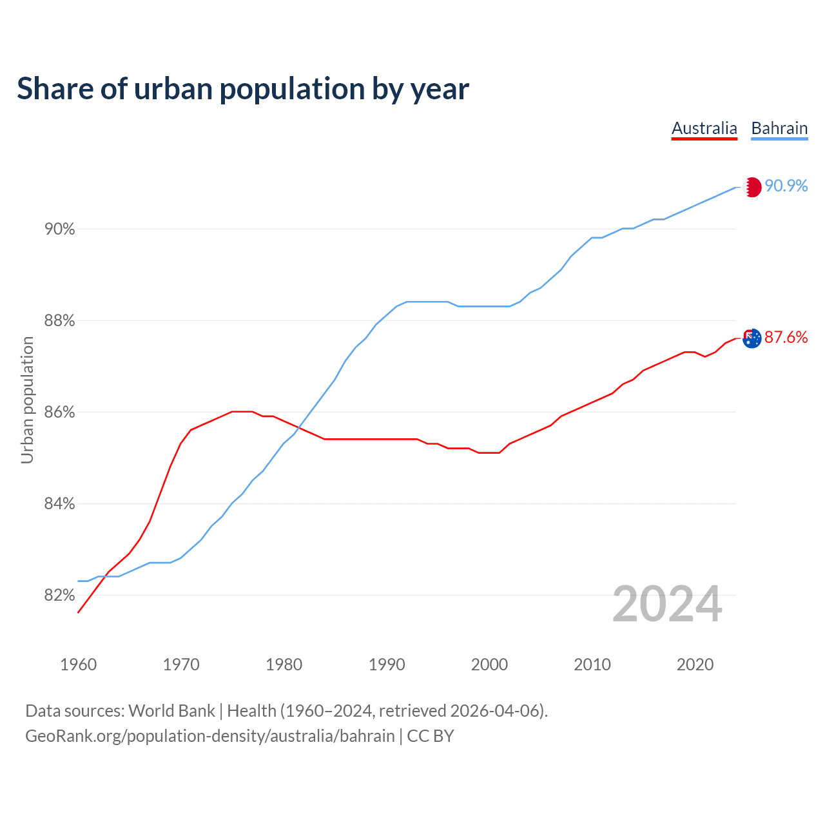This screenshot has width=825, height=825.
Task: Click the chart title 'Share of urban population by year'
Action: click(243, 88)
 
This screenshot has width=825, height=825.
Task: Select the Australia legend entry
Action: click(704, 128)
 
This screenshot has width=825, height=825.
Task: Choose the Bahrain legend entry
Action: click(779, 128)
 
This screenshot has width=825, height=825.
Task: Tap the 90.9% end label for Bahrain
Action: click(786, 186)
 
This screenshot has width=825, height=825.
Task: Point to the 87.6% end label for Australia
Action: click(786, 337)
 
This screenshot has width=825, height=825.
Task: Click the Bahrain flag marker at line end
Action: click(752, 187)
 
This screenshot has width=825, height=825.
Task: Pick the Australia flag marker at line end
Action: click(752, 338)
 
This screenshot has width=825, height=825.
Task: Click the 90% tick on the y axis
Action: click(59, 229)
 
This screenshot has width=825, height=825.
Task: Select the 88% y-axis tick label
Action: click(59, 320)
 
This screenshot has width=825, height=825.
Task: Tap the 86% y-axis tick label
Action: click(59, 412)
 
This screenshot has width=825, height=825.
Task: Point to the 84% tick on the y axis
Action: click(59, 503)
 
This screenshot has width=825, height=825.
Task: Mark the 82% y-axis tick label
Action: click(59, 595)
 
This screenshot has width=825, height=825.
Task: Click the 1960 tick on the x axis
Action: click(79, 665)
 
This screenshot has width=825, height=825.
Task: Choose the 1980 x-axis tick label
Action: click(284, 665)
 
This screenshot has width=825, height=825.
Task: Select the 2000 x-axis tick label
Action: click(490, 665)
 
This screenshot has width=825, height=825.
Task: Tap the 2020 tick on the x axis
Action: click(695, 665)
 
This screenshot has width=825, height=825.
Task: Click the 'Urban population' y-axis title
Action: click(27, 400)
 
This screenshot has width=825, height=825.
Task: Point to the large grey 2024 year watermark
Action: click(667, 604)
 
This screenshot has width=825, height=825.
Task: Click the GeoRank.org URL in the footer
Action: click(210, 735)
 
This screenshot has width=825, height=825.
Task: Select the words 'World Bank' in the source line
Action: click(171, 710)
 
